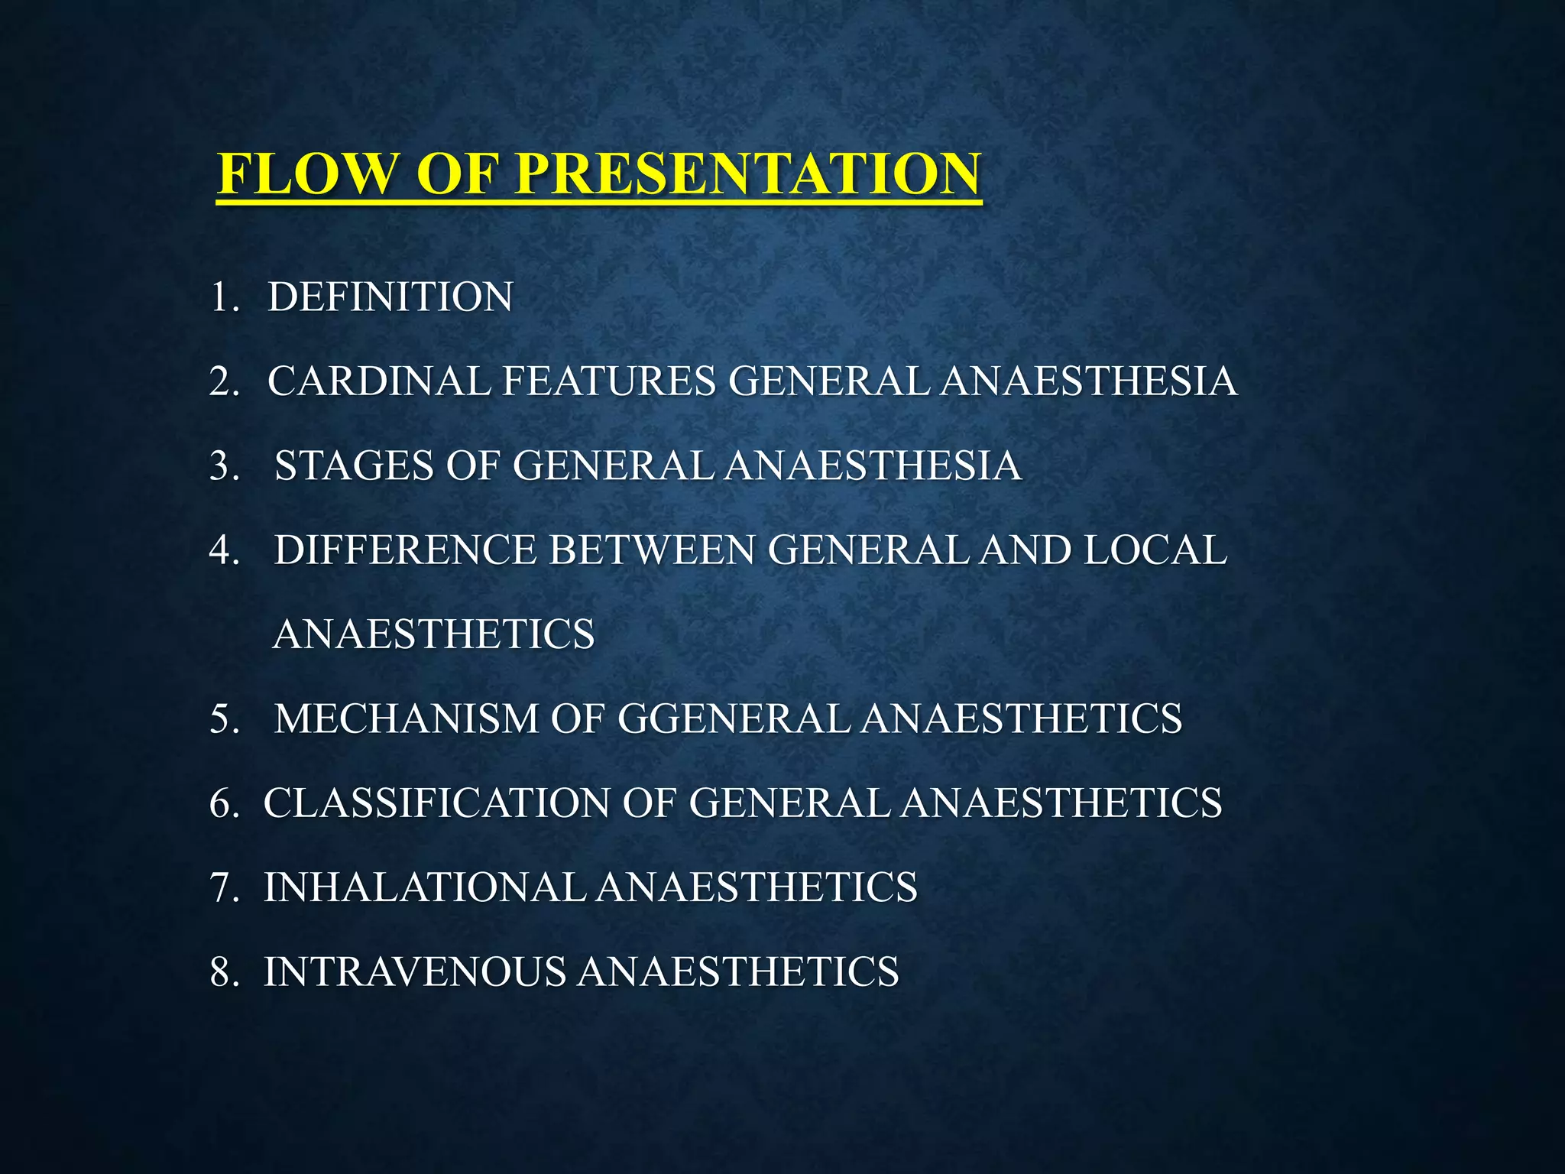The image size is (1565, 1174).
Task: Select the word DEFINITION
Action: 390,297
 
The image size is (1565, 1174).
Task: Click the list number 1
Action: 222,297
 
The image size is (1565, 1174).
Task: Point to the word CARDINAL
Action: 378,381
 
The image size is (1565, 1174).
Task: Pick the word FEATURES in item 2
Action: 608,381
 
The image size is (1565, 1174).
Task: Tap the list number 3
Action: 223,465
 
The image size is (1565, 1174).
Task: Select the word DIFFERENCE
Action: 405,550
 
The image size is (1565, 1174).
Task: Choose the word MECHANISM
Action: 406,718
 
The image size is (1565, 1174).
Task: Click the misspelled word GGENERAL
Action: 734,718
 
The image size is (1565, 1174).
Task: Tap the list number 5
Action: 223,718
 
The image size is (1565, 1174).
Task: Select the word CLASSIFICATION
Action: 436,803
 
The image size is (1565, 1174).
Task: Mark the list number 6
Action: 223,803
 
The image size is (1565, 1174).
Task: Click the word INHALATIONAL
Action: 425,887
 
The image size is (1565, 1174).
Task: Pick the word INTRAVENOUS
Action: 415,972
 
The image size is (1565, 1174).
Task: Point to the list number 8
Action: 223,972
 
